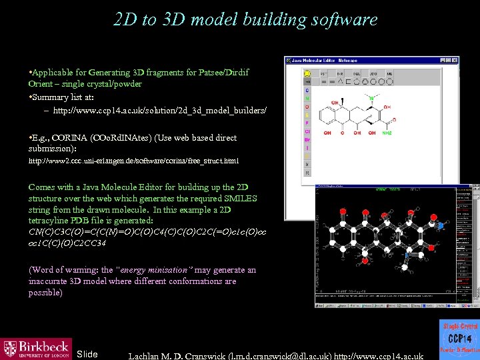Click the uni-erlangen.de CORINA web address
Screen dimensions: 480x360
pos(133,161)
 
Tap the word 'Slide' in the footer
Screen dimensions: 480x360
pos(87,353)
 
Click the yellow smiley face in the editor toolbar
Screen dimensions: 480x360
pos(307,73)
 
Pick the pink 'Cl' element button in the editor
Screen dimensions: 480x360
pos(307,131)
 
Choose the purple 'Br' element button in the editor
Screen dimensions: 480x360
pos(307,140)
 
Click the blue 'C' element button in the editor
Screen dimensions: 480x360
pos(307,90)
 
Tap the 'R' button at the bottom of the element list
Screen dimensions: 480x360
pos(307,173)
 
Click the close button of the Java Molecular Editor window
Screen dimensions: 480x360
pos(454,61)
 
